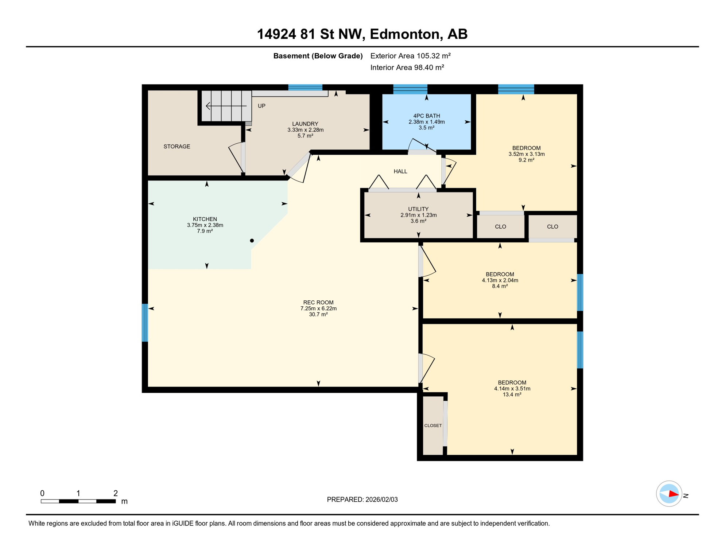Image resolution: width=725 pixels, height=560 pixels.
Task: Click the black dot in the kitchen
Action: pyautogui.click(x=252, y=241)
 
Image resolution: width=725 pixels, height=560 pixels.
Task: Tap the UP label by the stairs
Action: pyautogui.click(x=261, y=106)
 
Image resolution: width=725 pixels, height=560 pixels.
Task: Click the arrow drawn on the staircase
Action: pyautogui.click(x=226, y=106)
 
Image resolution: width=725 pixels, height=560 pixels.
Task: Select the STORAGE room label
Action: pyautogui.click(x=177, y=147)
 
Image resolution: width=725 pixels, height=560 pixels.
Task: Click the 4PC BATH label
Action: pyautogui.click(x=426, y=116)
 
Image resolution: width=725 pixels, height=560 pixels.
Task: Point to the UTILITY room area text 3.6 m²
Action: pyautogui.click(x=418, y=221)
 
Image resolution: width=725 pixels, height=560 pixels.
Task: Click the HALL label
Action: pyautogui.click(x=400, y=171)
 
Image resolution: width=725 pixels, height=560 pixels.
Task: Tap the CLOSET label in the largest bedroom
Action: pyautogui.click(x=433, y=425)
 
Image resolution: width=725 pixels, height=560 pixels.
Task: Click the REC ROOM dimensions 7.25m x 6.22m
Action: pyautogui.click(x=318, y=308)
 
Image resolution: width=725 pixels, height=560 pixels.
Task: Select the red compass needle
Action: pyautogui.click(x=673, y=494)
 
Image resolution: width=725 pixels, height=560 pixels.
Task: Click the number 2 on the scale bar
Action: pyautogui.click(x=116, y=493)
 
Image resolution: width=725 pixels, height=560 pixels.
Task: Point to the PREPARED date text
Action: pyautogui.click(x=362, y=499)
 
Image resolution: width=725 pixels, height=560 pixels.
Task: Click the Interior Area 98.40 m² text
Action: pyautogui.click(x=407, y=67)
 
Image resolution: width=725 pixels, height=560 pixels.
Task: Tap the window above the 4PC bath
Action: pyautogui.click(x=410, y=89)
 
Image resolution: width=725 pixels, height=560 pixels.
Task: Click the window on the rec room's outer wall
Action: pyautogui.click(x=145, y=323)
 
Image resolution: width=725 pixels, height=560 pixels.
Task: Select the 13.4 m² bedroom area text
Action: pyautogui.click(x=512, y=394)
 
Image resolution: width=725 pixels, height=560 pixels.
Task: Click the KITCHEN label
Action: pyautogui.click(x=205, y=219)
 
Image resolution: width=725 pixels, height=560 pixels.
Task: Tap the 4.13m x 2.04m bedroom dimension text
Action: pyautogui.click(x=500, y=280)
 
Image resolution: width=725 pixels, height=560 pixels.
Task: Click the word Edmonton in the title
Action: pyautogui.click(x=404, y=34)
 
